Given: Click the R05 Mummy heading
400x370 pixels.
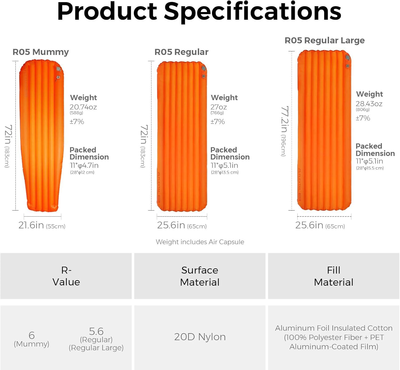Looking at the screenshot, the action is pyautogui.click(x=41, y=52).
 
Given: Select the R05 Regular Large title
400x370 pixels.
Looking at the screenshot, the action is pyautogui.click(x=325, y=41).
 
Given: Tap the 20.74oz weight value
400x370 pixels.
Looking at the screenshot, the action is pyautogui.click(x=83, y=107).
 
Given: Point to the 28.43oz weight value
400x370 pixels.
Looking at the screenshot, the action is pyautogui.click(x=369, y=104).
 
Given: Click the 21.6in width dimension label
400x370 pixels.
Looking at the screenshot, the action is pyautogui.click(x=31, y=225).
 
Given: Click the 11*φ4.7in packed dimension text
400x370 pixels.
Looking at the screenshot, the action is pyautogui.click(x=84, y=165).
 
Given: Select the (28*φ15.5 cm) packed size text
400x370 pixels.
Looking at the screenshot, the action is pyautogui.click(x=370, y=168).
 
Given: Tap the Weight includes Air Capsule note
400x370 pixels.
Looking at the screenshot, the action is pyautogui.click(x=200, y=242).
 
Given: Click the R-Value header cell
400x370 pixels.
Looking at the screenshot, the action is pyautogui.click(x=66, y=276).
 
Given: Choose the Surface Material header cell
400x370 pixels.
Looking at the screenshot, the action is pyautogui.click(x=200, y=276).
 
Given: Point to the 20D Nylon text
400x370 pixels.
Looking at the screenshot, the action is pyautogui.click(x=200, y=337).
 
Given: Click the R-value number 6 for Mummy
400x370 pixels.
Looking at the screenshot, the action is pyautogui.click(x=32, y=335).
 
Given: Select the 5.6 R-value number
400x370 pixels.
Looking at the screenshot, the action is pyautogui.click(x=96, y=331).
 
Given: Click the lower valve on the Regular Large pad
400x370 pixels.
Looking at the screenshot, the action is pyautogui.click(x=347, y=66).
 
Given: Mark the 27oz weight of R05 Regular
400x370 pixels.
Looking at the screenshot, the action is pyautogui.click(x=218, y=107).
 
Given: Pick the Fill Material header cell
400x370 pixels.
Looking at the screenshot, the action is pyautogui.click(x=334, y=276).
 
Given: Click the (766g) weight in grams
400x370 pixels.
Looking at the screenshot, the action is pyautogui.click(x=217, y=113).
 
